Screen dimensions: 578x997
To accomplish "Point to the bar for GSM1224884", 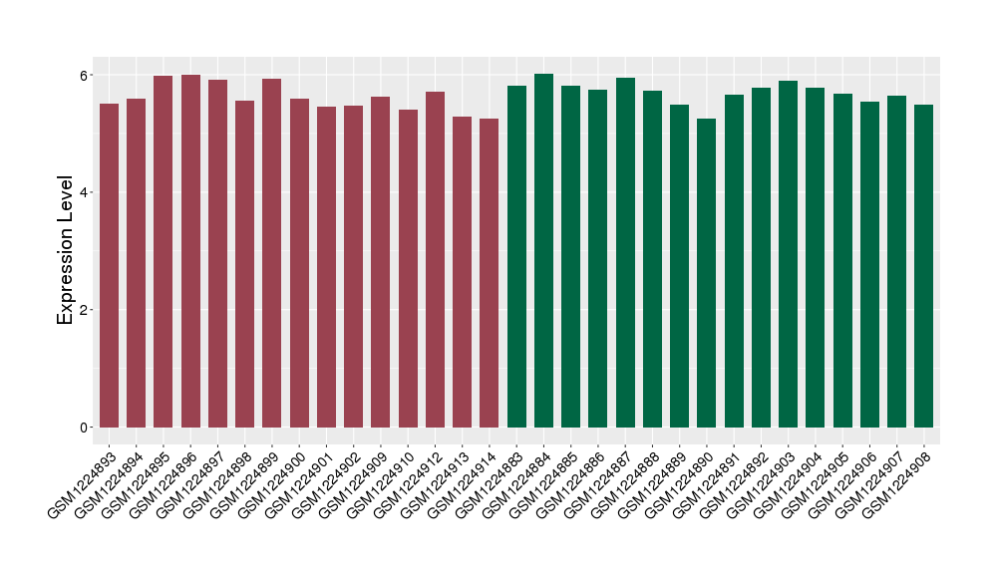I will (x=543, y=250).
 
